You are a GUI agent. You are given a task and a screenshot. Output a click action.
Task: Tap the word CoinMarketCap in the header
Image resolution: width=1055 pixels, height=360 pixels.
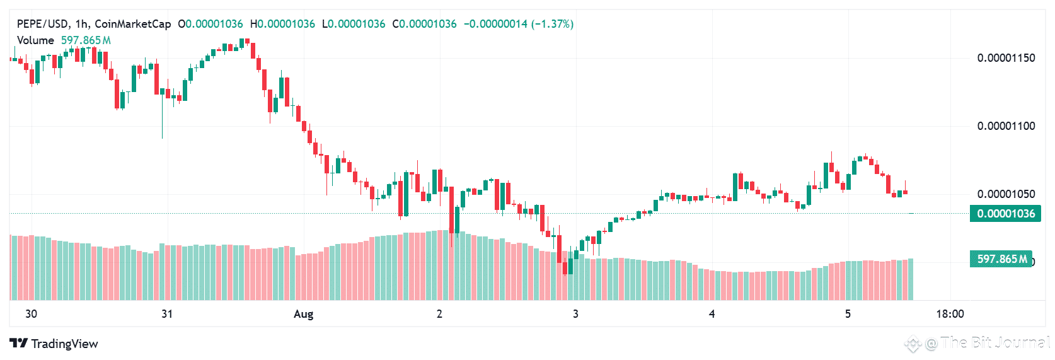[132, 24]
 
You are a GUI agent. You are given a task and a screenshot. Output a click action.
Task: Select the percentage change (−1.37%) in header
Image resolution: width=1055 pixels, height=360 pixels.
[552, 24]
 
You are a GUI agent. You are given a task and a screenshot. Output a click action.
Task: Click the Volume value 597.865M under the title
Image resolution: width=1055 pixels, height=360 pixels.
[86, 40]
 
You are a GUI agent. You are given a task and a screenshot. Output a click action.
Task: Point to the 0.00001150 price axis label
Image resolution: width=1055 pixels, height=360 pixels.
[1006, 58]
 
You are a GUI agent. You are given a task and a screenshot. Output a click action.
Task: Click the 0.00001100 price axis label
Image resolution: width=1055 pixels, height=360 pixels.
[1006, 126]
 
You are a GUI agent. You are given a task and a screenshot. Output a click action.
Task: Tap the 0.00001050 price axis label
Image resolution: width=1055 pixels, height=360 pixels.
[1006, 194]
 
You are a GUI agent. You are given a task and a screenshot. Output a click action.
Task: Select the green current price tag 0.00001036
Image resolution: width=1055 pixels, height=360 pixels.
[1006, 214]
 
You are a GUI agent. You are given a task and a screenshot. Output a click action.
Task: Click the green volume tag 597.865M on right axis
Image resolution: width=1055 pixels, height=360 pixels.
[1002, 258]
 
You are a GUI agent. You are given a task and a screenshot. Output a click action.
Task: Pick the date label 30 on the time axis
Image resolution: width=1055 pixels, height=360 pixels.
[31, 314]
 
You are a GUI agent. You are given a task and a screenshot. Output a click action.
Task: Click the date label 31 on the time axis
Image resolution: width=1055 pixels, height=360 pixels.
[167, 314]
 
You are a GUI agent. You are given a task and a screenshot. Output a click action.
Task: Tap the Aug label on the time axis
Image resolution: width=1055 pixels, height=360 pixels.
[303, 314]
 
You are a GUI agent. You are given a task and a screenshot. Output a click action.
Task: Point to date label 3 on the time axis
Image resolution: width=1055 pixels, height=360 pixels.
[575, 314]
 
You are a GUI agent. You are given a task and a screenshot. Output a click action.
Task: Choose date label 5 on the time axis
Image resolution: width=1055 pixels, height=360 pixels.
[848, 314]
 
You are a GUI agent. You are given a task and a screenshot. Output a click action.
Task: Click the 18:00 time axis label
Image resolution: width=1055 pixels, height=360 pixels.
[950, 314]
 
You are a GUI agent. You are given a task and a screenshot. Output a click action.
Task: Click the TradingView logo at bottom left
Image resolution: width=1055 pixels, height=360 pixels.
[54, 344]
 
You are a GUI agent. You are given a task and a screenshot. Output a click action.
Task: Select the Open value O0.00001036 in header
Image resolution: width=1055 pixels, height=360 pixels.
[210, 24]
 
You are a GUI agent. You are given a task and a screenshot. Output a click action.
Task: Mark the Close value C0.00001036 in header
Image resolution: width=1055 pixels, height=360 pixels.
[425, 24]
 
